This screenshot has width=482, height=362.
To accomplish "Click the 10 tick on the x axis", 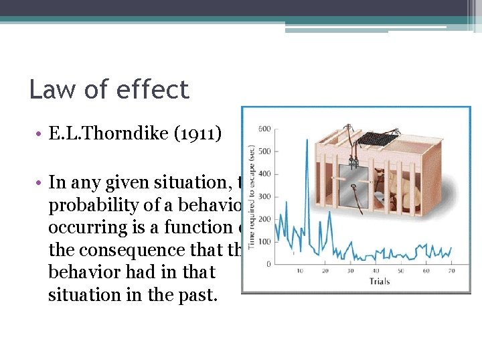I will point(300,271).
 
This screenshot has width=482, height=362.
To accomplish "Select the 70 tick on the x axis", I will point(452,271).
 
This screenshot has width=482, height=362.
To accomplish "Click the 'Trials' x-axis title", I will point(380,281).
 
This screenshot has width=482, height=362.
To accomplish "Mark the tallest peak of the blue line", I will point(307,140).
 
